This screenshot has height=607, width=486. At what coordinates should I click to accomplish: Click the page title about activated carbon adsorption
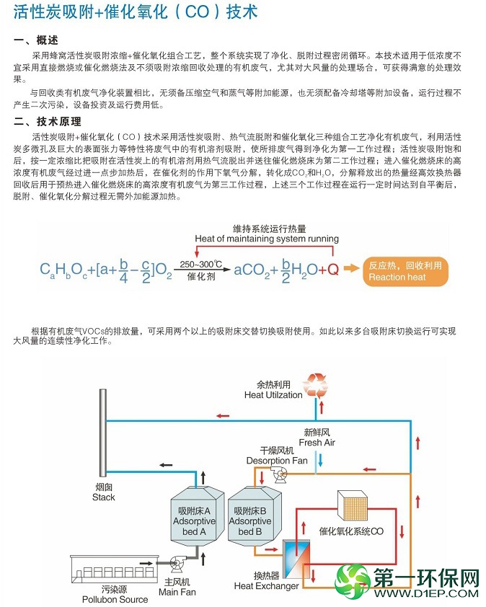click(136, 12)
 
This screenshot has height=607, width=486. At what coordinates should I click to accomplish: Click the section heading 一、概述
click(36, 40)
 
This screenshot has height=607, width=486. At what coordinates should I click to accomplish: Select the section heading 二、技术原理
click(48, 122)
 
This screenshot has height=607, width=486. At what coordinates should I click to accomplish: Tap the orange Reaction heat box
click(405, 271)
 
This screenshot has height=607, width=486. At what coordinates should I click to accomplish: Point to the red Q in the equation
click(333, 269)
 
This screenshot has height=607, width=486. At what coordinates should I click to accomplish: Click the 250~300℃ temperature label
click(200, 265)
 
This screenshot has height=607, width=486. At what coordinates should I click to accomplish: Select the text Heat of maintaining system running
click(267, 239)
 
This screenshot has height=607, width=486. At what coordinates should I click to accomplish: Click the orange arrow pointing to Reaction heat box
click(352, 268)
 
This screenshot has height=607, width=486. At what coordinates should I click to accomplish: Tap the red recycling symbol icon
click(315, 386)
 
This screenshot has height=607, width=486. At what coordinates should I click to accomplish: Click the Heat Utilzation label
click(273, 395)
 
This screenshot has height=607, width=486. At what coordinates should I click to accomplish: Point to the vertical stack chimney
click(103, 433)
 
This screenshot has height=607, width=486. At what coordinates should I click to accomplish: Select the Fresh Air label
click(317, 443)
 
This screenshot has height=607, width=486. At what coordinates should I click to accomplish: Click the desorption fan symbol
click(279, 474)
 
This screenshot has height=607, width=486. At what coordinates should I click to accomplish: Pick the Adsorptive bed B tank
click(255, 515)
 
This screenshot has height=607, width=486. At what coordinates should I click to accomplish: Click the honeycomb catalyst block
click(352, 505)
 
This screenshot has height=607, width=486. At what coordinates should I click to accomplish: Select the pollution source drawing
click(115, 570)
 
